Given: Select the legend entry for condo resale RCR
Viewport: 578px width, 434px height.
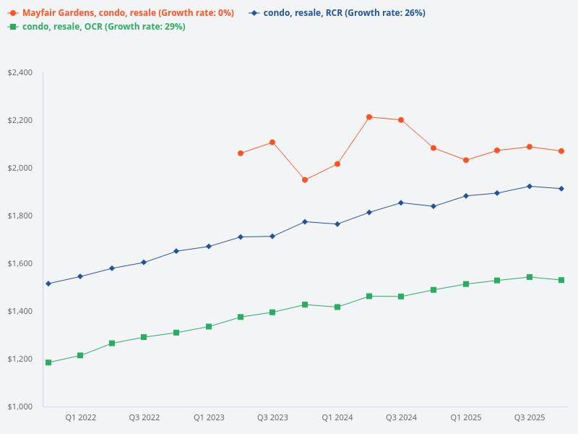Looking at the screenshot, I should pyautogui.click(x=344, y=13).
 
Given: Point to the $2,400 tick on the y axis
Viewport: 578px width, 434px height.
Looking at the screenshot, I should pyautogui.click(x=20, y=72).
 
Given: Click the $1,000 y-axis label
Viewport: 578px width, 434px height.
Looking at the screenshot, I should pyautogui.click(x=20, y=407).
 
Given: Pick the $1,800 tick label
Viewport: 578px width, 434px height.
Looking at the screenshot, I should pyautogui.click(x=20, y=216).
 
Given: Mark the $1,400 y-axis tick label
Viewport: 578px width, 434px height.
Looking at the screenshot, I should pyautogui.click(x=20, y=311).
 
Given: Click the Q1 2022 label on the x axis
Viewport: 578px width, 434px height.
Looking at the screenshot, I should pyautogui.click(x=81, y=417).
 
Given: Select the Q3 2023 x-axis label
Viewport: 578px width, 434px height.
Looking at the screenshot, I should pyautogui.click(x=273, y=417).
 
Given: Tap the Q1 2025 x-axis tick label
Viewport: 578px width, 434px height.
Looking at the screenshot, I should pyautogui.click(x=466, y=417).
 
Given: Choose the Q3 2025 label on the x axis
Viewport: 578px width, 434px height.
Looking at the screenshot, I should pyautogui.click(x=530, y=417).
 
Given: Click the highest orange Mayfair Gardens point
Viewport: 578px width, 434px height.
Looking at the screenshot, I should pyautogui.click(x=369, y=117).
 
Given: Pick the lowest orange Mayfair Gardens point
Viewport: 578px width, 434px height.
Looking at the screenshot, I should pyautogui.click(x=305, y=180).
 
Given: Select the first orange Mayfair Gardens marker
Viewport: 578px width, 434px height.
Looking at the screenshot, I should pyautogui.click(x=241, y=153).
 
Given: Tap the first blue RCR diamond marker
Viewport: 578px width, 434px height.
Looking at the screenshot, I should pyautogui.click(x=48, y=284).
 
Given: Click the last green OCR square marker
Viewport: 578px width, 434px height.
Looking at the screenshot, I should pyautogui.click(x=561, y=280).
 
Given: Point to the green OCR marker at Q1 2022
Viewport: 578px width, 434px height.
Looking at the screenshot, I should pyautogui.click(x=80, y=355).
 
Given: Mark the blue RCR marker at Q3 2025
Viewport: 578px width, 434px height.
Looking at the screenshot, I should pyautogui.click(x=530, y=186).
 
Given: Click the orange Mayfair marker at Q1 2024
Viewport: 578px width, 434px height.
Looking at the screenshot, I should pyautogui.click(x=337, y=164).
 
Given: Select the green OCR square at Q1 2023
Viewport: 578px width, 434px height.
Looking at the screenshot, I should pyautogui.click(x=209, y=326).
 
